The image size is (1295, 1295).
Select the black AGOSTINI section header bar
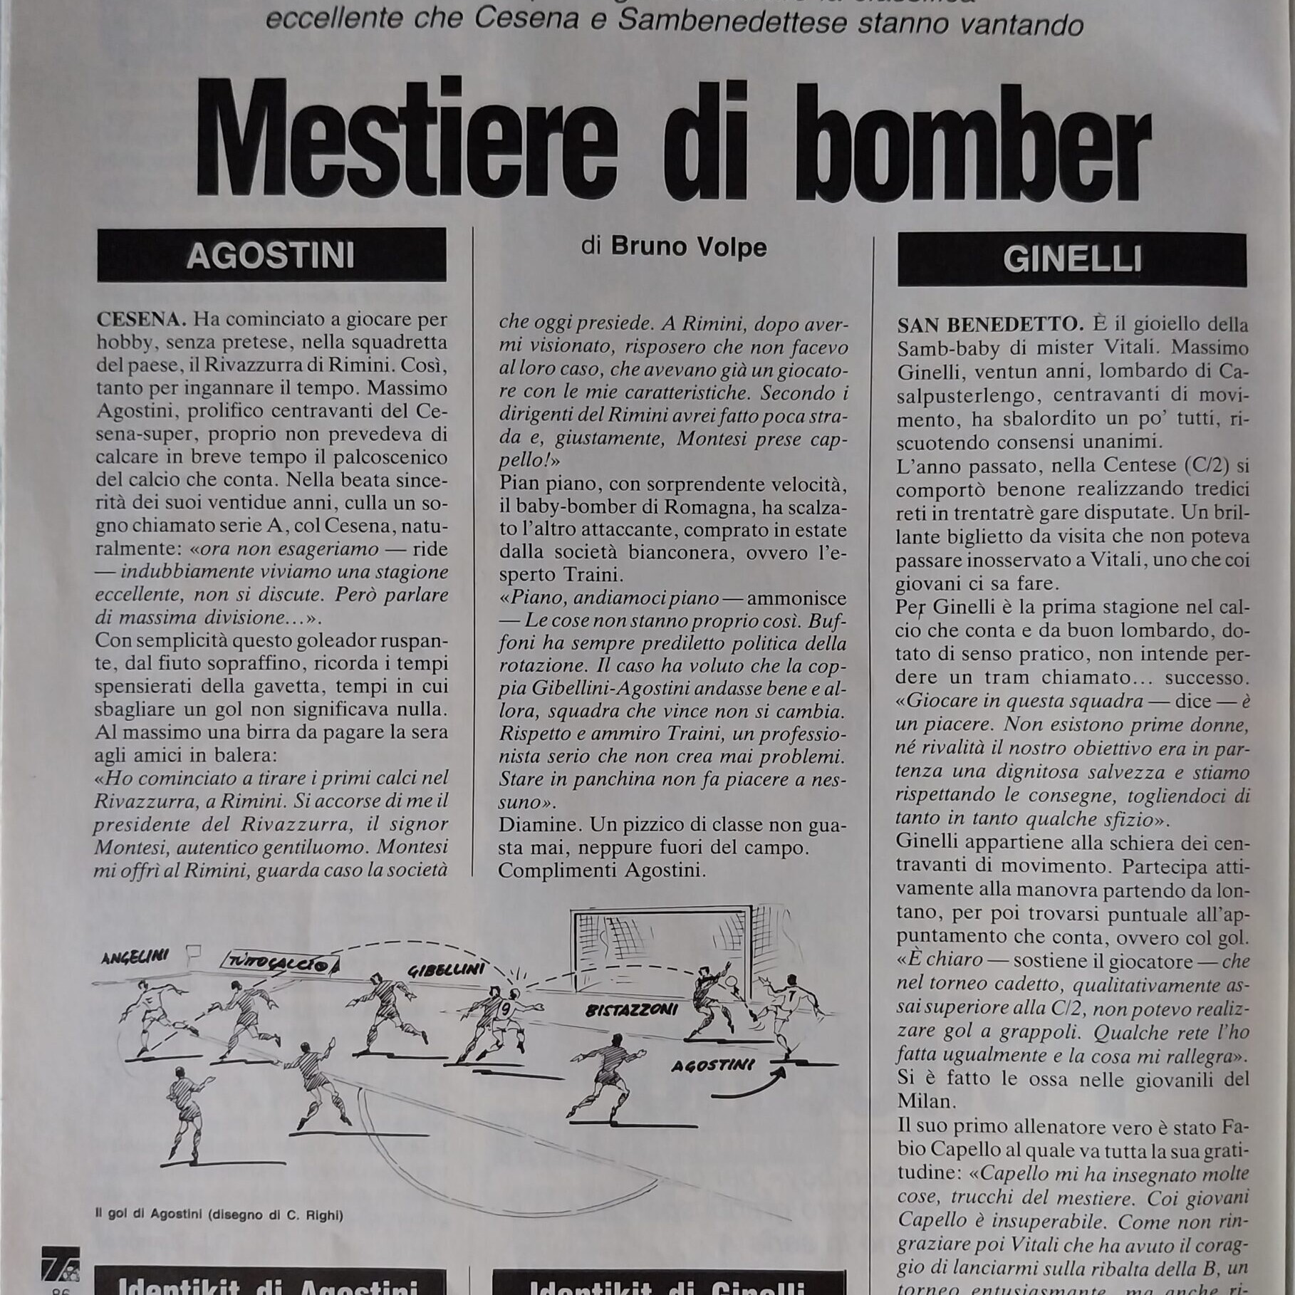click(271, 255)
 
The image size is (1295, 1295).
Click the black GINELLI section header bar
click(1071, 260)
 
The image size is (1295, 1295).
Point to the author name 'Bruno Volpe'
click(688, 246)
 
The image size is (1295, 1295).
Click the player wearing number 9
click(502, 1010)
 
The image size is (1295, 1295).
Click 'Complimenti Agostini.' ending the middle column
click(602, 870)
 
